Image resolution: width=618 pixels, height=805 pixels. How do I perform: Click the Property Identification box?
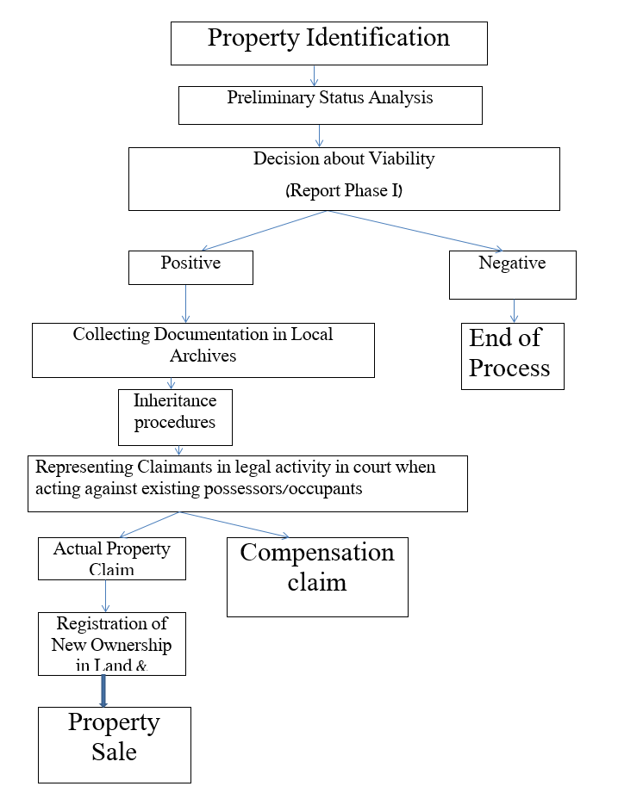328,43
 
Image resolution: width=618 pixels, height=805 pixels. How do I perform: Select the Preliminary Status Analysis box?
329,103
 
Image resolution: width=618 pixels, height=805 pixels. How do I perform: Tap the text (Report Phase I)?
343,191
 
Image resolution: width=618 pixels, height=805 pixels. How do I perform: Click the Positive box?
190,267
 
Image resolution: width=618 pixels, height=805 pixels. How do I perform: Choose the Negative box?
512,274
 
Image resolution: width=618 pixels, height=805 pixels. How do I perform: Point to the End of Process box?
512,356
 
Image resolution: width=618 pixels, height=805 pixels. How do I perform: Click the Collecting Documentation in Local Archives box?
203,350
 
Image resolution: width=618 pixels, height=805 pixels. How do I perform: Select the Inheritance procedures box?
175,417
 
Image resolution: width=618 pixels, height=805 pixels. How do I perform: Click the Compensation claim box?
317,576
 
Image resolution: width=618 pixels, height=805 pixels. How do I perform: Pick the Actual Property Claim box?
112,558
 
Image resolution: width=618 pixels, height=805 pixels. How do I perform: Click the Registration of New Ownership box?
112,643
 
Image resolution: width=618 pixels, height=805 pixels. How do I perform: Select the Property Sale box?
115,744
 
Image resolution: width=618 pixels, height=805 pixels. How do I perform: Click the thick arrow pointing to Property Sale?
103,690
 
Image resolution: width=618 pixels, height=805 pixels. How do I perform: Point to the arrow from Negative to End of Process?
514,311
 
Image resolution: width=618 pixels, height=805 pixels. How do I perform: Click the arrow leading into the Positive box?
250,232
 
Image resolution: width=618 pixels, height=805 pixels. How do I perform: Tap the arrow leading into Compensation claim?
233,524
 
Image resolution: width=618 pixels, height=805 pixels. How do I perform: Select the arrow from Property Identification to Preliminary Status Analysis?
315,75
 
